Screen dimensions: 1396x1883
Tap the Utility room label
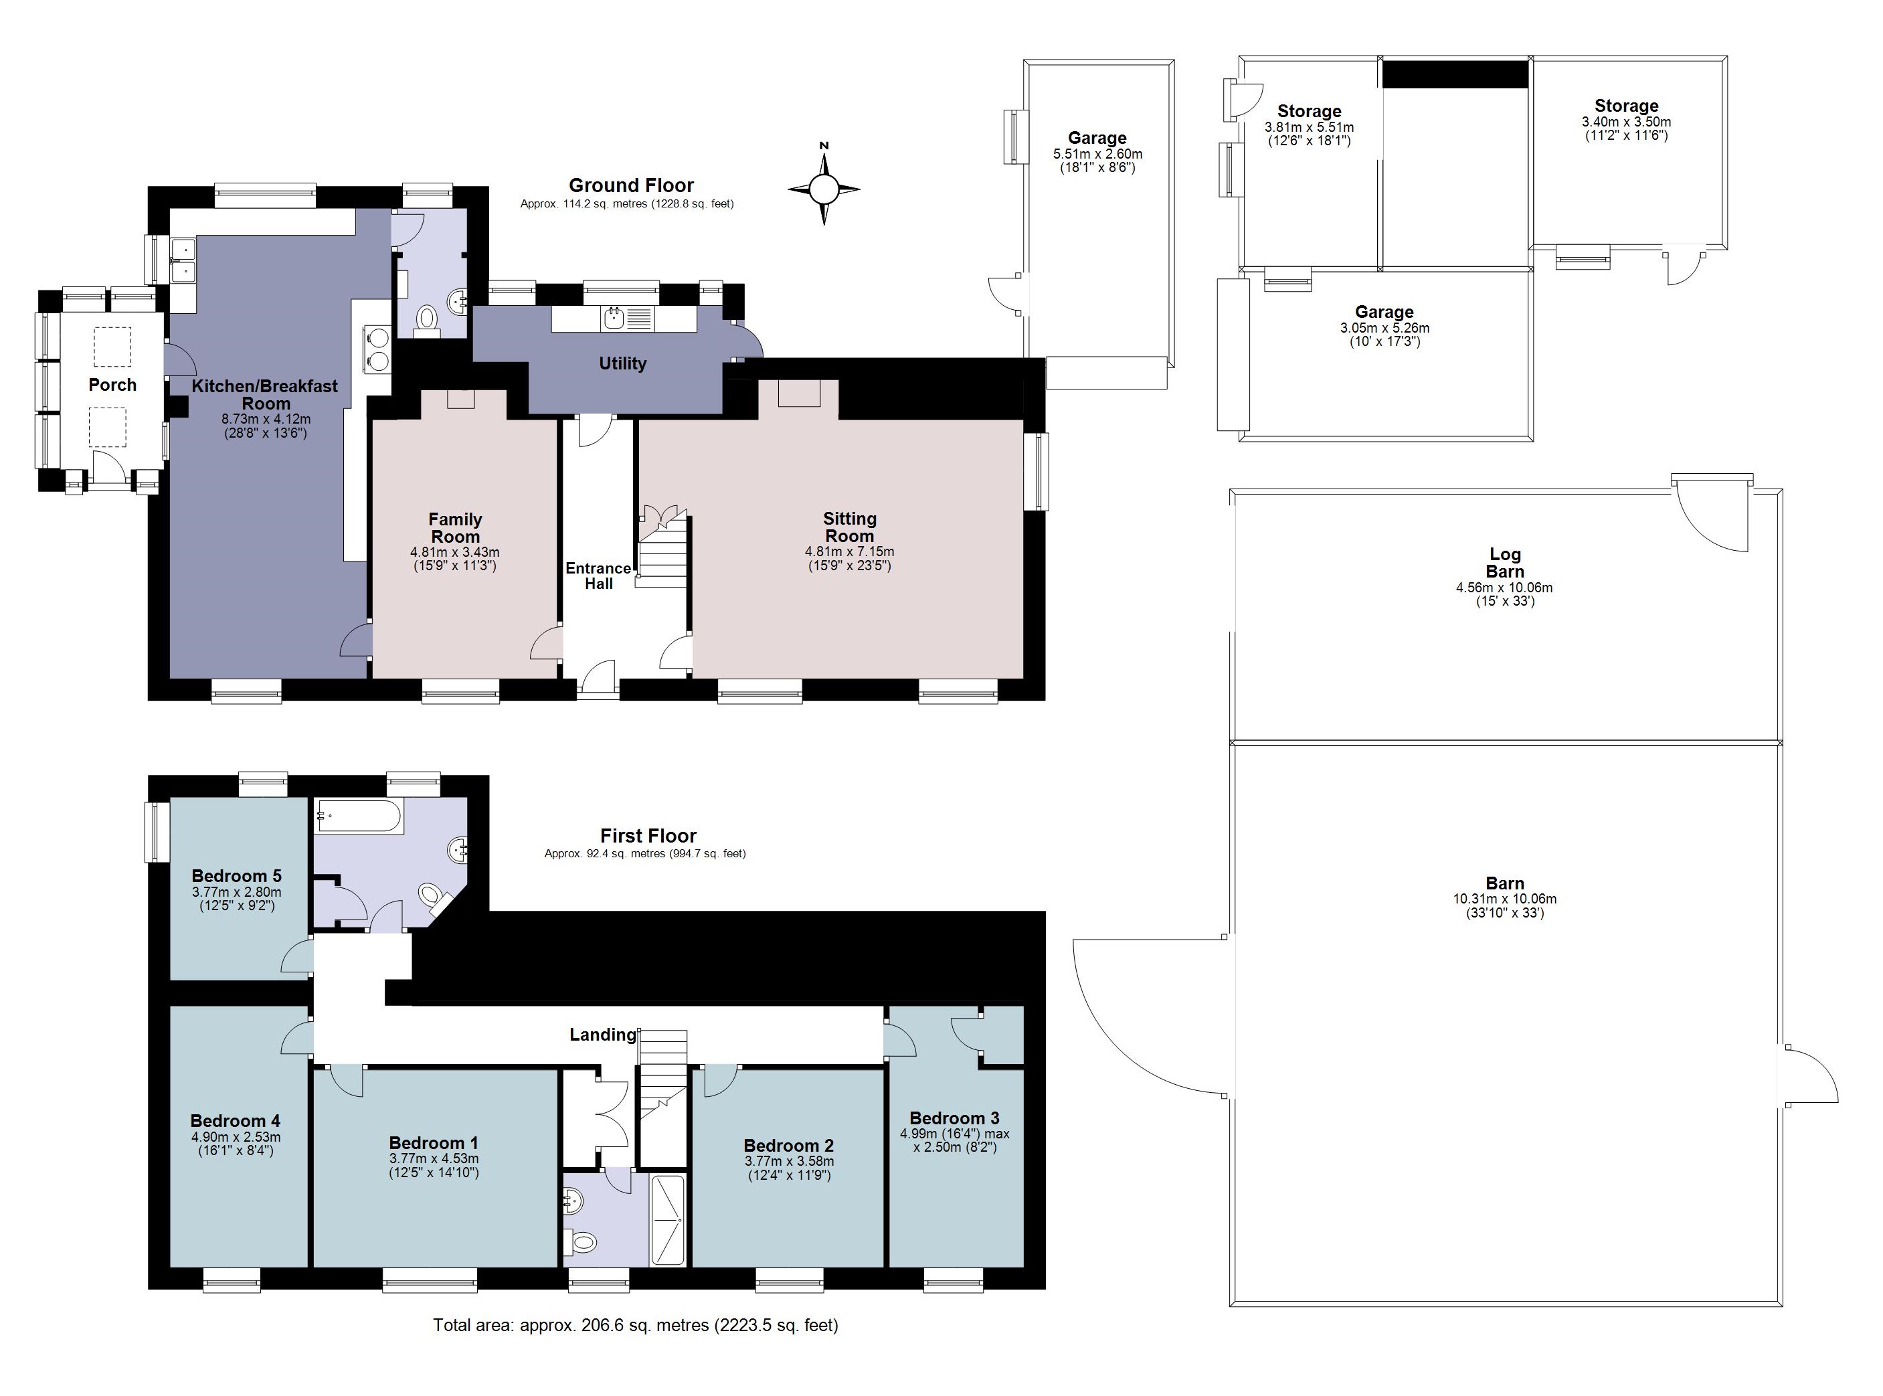622,363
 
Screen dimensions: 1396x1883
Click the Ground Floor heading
631,185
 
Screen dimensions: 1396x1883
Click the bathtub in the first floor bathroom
357,816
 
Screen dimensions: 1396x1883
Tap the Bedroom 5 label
236,875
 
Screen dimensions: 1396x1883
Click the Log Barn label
1504,563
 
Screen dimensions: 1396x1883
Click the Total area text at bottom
635,1325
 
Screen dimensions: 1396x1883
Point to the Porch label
112,385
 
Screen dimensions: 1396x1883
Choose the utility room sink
614,319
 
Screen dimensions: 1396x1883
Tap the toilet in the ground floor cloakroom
428,319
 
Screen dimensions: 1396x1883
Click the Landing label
602,1035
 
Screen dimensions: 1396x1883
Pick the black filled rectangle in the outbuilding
1455,74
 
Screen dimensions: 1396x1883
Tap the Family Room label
455,528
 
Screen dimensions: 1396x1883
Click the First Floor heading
648,836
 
